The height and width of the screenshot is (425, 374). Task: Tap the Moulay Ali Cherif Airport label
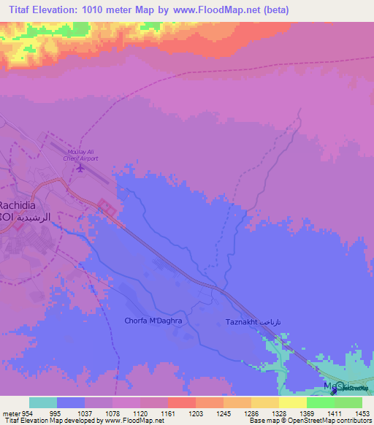83,155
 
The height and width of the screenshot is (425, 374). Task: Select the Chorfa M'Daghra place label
153,321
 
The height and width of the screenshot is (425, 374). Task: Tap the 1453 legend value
353,413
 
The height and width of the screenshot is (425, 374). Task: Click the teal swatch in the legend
43,402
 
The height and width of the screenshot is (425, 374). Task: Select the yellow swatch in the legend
292,402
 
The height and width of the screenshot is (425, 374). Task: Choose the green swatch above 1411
320,402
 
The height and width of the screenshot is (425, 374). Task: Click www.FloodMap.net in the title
221,10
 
